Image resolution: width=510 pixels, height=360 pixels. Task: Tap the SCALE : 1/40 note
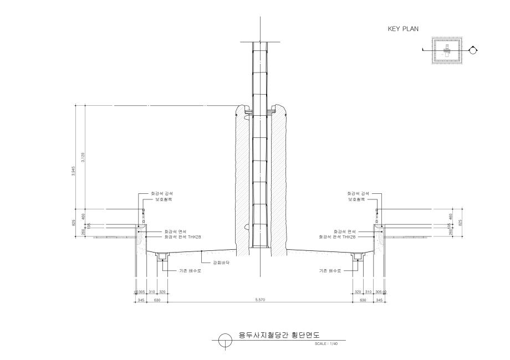[325, 344]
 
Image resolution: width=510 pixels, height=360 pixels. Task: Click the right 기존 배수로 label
[330, 271]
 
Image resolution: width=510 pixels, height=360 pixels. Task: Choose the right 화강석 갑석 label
[357, 193]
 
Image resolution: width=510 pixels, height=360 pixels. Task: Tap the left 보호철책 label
[161, 199]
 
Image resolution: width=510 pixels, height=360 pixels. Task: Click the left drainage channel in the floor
[162, 256]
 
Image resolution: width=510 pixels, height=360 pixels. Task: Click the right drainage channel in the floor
[356, 256]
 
